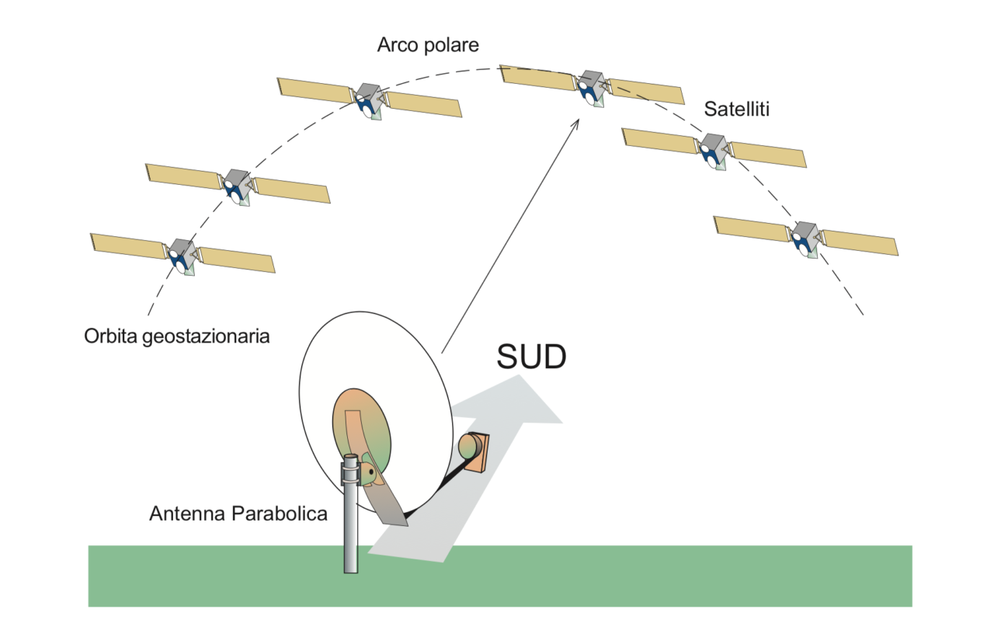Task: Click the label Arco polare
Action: click(428, 45)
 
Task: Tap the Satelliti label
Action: click(736, 109)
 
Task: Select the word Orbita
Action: click(110, 338)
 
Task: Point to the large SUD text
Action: click(532, 357)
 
